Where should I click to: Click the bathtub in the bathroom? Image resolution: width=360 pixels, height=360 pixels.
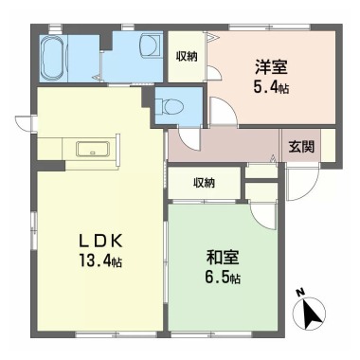[56, 60]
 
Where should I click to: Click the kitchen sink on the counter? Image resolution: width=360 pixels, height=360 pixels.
[92, 149]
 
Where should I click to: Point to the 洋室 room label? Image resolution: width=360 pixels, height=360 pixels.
[270, 68]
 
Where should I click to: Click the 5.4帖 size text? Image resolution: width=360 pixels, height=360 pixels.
[271, 87]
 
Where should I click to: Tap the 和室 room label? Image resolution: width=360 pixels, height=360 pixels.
[223, 257]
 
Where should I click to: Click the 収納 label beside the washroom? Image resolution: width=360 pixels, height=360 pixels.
[187, 57]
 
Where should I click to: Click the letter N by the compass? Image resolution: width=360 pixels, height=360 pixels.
[298, 293]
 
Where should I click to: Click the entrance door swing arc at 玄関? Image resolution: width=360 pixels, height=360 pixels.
[299, 186]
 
